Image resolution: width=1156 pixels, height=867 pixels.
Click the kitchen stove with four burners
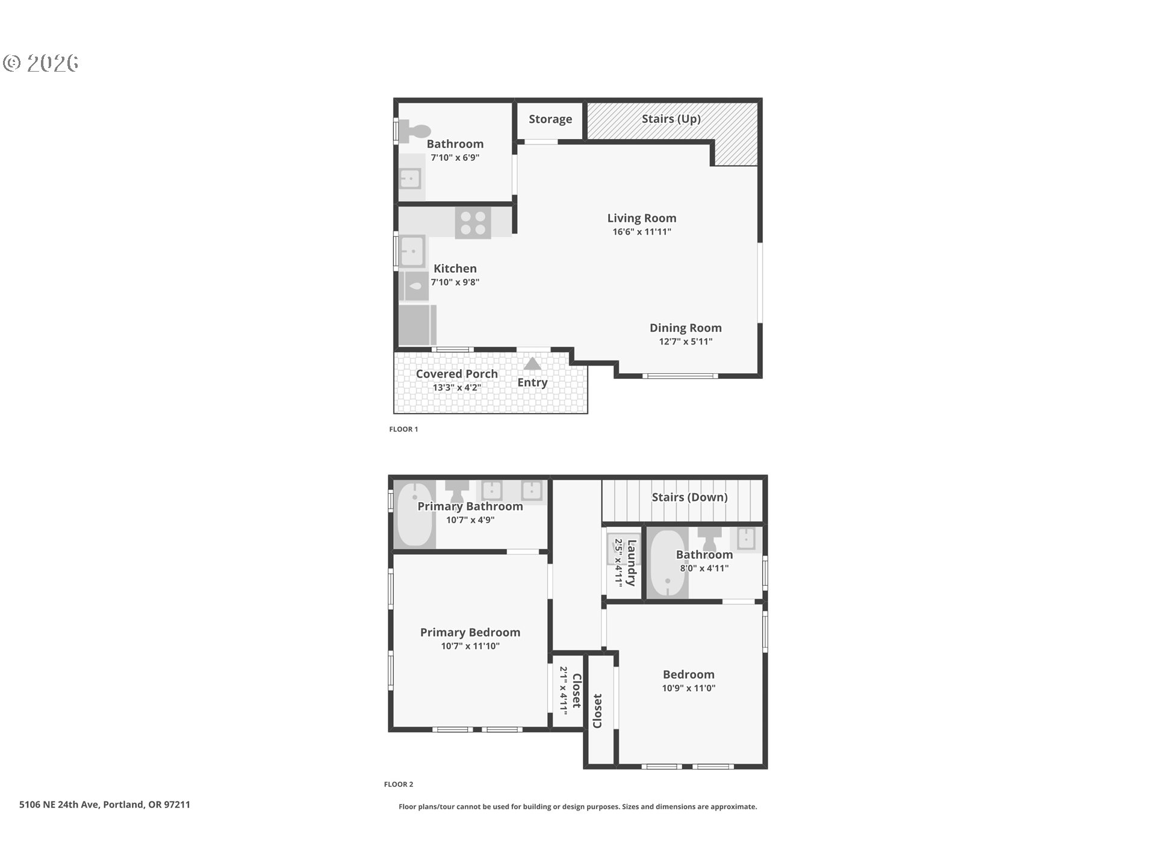click(473, 223)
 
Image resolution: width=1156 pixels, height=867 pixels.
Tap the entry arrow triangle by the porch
click(532, 364)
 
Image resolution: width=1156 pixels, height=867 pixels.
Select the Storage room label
click(550, 119)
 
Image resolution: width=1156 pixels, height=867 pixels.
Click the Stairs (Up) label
click(671, 119)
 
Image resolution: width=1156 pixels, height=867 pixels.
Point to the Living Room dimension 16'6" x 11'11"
click(642, 232)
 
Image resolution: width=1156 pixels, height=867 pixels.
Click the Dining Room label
click(686, 328)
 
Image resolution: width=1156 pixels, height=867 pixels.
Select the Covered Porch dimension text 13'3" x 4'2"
click(457, 387)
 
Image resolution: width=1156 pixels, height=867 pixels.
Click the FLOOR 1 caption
click(403, 429)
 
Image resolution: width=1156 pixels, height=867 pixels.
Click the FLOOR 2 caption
click(399, 785)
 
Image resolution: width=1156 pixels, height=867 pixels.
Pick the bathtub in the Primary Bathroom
click(415, 514)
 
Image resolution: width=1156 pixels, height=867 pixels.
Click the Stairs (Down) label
click(690, 497)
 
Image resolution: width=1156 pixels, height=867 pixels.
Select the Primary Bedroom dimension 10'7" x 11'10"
click(470, 646)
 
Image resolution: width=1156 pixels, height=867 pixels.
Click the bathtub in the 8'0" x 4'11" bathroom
click(668, 563)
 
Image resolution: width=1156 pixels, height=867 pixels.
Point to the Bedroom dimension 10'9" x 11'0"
click(689, 688)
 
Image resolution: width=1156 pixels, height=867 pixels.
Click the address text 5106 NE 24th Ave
click(59, 804)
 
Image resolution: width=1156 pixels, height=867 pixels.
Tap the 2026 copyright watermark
click(41, 63)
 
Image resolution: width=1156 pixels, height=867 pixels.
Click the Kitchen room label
click(455, 269)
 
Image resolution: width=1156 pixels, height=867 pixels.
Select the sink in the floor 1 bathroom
click(411, 178)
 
